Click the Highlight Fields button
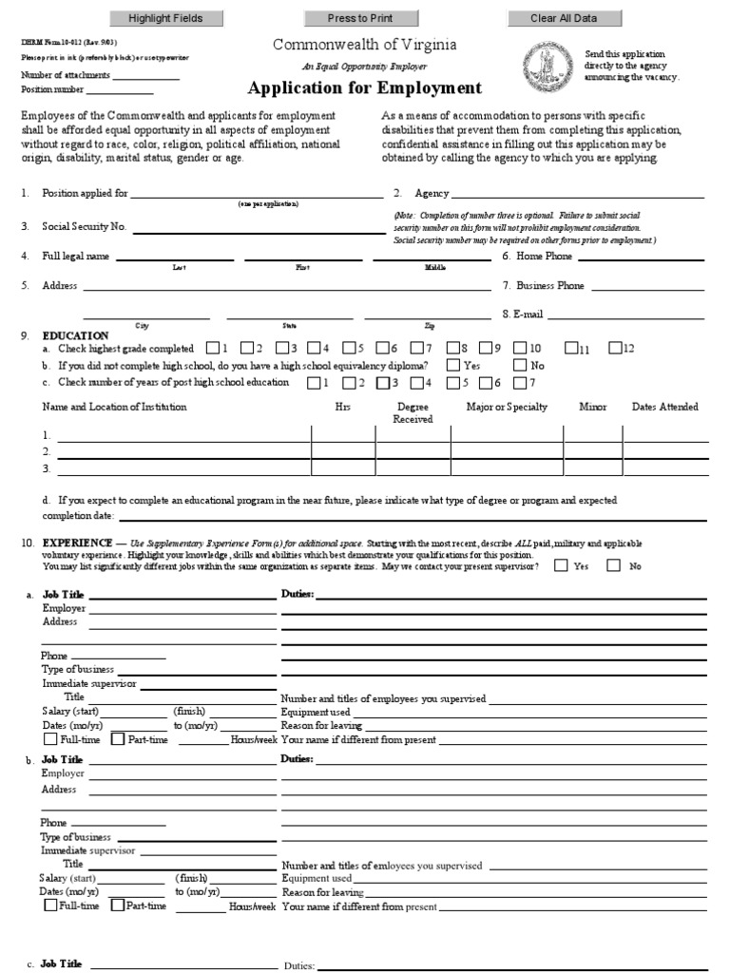(165, 18)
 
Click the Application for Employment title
(364, 88)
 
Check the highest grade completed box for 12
(615, 348)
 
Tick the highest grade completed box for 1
(213, 348)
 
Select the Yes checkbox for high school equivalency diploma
(452, 365)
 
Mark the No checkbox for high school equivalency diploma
(520, 365)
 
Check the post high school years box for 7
(520, 383)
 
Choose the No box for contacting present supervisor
(613, 565)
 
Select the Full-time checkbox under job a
(50, 739)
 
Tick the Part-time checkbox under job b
(118, 906)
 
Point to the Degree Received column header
(413, 412)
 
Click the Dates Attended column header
(665, 407)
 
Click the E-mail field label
(522, 314)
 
